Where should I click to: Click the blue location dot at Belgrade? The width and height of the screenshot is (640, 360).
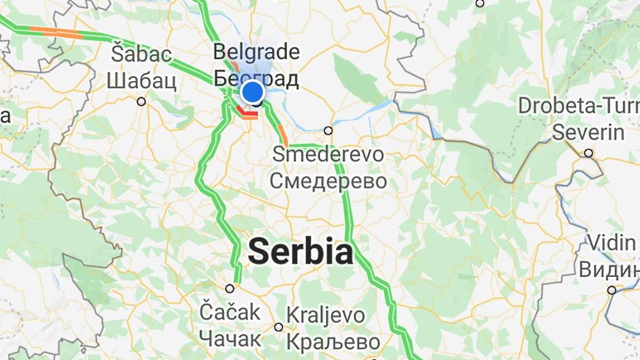252,92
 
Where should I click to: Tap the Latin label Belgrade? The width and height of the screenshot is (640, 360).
256,52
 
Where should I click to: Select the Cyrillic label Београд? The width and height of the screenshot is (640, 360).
256,78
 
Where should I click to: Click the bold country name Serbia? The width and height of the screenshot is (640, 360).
300,252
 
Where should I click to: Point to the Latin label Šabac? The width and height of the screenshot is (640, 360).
141,54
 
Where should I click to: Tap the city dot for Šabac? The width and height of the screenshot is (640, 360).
142,102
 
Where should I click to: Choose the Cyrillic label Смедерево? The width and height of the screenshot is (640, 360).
329,181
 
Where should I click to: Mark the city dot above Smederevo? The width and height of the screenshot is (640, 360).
328,130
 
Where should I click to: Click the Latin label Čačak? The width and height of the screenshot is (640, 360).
230,312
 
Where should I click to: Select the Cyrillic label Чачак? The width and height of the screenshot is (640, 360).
230,338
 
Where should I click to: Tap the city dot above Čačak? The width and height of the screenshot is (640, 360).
230,288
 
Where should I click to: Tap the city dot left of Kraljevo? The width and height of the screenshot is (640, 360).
279,327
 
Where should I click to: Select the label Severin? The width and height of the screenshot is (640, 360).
588,132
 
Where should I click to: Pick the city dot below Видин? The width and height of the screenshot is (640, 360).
612,290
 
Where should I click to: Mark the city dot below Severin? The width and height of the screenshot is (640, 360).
589,153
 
